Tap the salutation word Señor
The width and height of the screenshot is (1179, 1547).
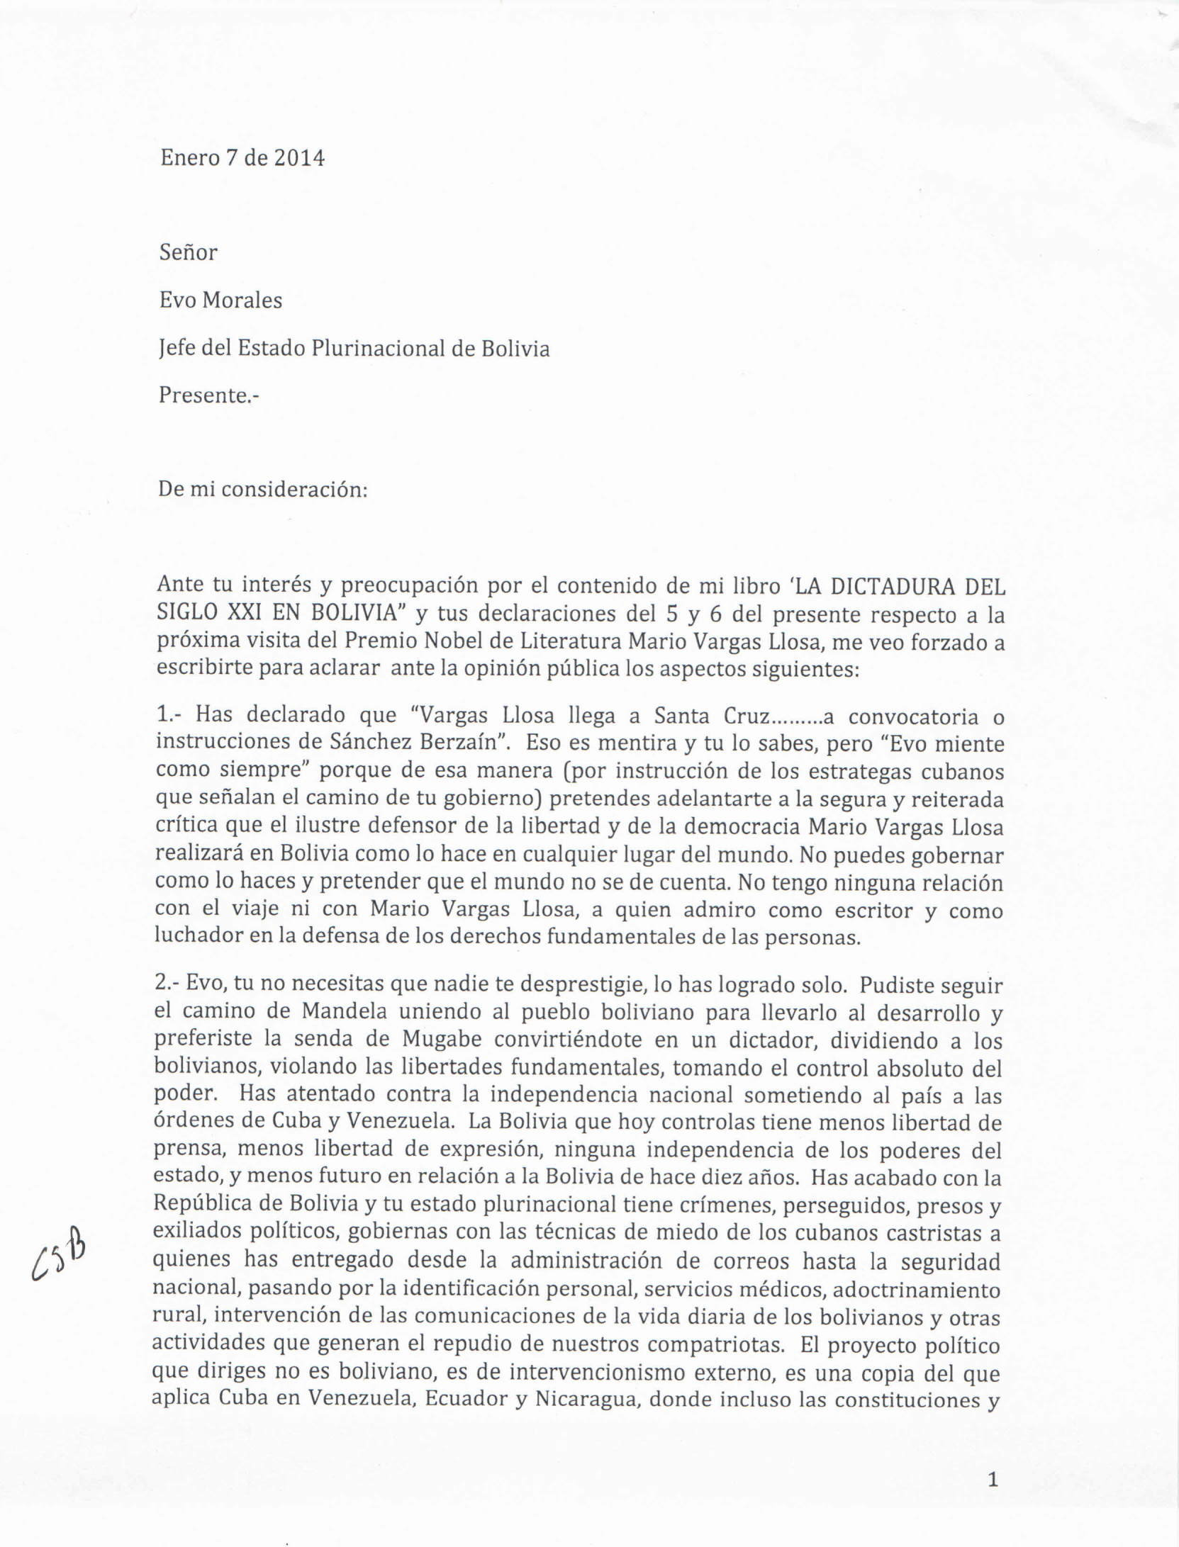pyautogui.click(x=188, y=252)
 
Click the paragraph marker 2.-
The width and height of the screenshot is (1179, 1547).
pyautogui.click(x=168, y=984)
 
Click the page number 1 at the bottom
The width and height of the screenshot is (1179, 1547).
pyautogui.click(x=993, y=1479)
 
